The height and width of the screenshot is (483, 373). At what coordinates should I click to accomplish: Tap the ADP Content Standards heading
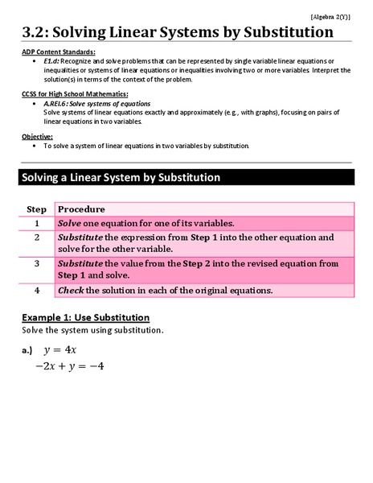[x=59, y=52]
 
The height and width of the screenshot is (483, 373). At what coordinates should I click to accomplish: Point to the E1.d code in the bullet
[x=51, y=61]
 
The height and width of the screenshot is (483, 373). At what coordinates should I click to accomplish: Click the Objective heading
[x=38, y=137]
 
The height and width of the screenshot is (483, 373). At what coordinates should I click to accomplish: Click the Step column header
[x=36, y=208]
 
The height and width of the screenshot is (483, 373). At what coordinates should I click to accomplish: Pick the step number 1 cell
[x=36, y=223]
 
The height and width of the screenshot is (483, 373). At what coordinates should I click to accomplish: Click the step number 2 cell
[x=36, y=237]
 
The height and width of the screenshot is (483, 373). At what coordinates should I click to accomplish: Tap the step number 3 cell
[x=36, y=263]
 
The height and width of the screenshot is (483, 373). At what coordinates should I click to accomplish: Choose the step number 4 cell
[x=36, y=289]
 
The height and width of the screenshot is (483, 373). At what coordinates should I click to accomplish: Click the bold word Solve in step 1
[x=70, y=223]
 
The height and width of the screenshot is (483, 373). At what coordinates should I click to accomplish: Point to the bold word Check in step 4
[x=71, y=290]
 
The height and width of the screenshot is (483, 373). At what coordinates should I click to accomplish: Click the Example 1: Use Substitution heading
[x=86, y=316]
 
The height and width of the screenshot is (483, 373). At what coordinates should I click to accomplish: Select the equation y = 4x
[x=59, y=349]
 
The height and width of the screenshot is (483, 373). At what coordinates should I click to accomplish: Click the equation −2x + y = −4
[x=69, y=366]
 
